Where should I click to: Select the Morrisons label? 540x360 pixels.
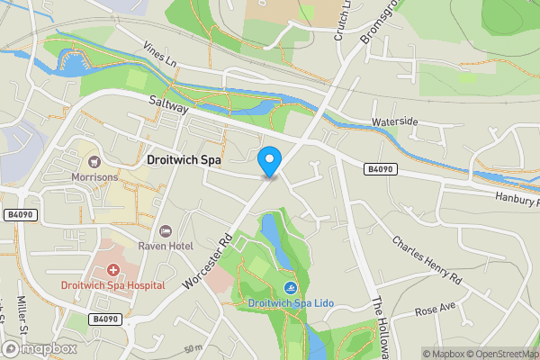(x=94, y=177)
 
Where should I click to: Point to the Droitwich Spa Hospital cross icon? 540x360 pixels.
(x=113, y=271)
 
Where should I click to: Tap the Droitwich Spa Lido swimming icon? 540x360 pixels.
(x=292, y=288)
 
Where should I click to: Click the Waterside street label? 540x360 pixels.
(x=395, y=121)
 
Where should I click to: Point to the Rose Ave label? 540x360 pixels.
(x=437, y=310)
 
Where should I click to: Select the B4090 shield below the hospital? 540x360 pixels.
(x=105, y=319)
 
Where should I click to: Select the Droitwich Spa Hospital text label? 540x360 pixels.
(x=113, y=285)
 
